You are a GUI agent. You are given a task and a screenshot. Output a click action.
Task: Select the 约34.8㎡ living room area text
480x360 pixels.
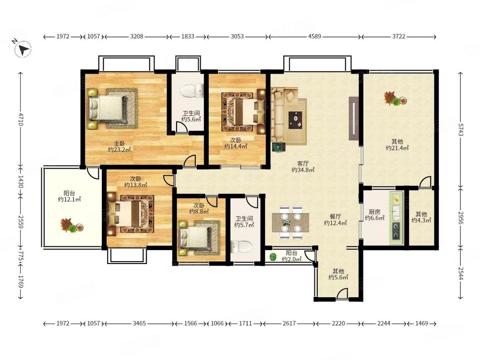click(x=303, y=169)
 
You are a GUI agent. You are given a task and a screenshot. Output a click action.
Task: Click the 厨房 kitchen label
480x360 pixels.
click(x=374, y=212)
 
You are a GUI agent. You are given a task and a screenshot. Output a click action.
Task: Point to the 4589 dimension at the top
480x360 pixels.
click(x=315, y=36)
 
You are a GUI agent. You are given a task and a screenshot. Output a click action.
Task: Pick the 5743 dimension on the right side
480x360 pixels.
click(x=460, y=129)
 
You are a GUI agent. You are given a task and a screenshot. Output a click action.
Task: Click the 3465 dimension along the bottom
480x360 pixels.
click(x=139, y=323)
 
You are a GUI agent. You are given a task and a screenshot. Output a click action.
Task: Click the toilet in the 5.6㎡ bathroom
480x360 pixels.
click(x=192, y=91)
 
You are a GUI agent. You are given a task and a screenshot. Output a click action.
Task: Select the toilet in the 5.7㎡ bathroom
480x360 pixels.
click(x=241, y=247)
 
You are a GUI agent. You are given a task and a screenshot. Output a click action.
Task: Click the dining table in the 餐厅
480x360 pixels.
click(x=290, y=222)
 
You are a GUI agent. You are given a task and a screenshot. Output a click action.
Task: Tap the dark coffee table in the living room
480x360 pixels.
click(x=295, y=120)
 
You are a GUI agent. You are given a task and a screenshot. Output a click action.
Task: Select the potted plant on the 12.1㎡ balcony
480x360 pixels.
click(x=72, y=226)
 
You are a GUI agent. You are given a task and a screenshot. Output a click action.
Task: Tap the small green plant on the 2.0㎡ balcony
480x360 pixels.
click(x=273, y=257)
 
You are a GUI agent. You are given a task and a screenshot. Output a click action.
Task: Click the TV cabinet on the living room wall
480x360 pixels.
click(x=354, y=119)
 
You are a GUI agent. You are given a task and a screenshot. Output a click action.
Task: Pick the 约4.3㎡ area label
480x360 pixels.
click(x=421, y=220)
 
